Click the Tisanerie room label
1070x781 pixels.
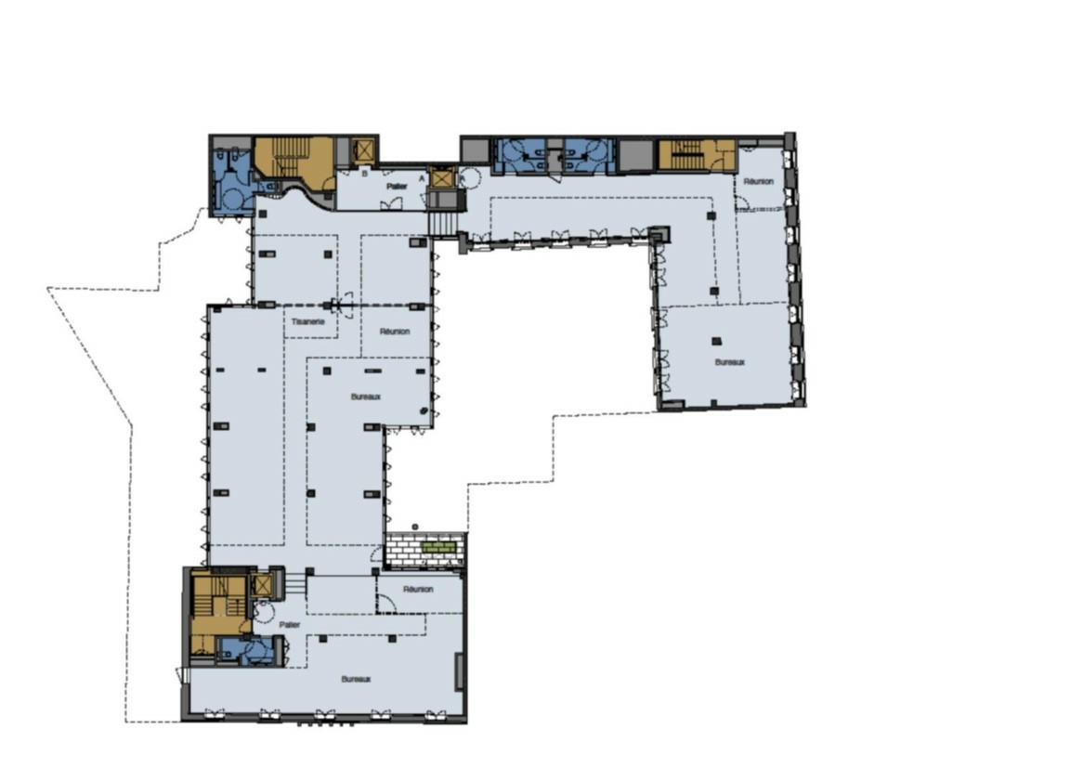pyautogui.click(x=308, y=321)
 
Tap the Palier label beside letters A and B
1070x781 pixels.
pyautogui.click(x=398, y=186)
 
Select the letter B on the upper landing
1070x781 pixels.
pyautogui.click(x=365, y=174)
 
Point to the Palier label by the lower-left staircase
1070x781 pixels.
pyautogui.click(x=293, y=625)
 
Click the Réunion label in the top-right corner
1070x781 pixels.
pyautogui.click(x=758, y=181)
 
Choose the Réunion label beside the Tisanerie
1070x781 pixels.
pyautogui.click(x=396, y=331)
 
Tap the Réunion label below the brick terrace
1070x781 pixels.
pyautogui.click(x=418, y=589)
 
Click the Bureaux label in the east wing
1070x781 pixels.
pyautogui.click(x=730, y=362)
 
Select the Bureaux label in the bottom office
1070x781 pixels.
pyautogui.click(x=356, y=679)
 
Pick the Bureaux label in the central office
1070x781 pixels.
pyautogui.click(x=366, y=397)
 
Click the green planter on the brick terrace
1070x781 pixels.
pyautogui.click(x=439, y=548)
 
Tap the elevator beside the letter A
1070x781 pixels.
pyautogui.click(x=441, y=177)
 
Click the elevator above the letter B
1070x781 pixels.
pyautogui.click(x=363, y=151)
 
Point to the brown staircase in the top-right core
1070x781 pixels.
pyautogui.click(x=687, y=154)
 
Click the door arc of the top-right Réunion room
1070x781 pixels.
pyautogui.click(x=743, y=202)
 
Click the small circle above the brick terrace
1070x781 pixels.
pyautogui.click(x=415, y=527)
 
